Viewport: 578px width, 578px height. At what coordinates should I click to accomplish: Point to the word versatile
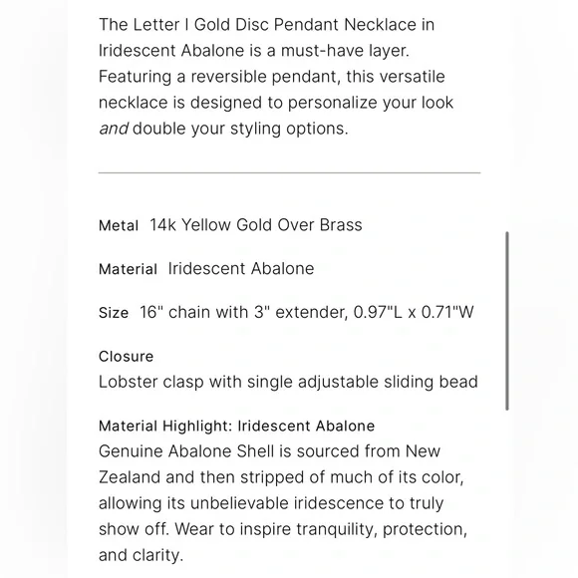[x=407, y=76]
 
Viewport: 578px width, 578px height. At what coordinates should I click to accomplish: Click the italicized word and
[x=113, y=129]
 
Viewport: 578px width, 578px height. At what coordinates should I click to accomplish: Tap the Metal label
[x=119, y=225]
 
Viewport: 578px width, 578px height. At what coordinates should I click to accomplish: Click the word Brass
[x=341, y=225]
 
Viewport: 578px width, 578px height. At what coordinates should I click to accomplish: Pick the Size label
[x=114, y=313]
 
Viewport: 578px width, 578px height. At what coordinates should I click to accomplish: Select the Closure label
[x=127, y=356]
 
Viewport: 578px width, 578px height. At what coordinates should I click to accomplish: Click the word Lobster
[x=129, y=382]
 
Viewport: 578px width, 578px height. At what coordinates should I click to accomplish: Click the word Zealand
[x=130, y=477]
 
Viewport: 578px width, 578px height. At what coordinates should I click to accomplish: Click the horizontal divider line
[x=289, y=172]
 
